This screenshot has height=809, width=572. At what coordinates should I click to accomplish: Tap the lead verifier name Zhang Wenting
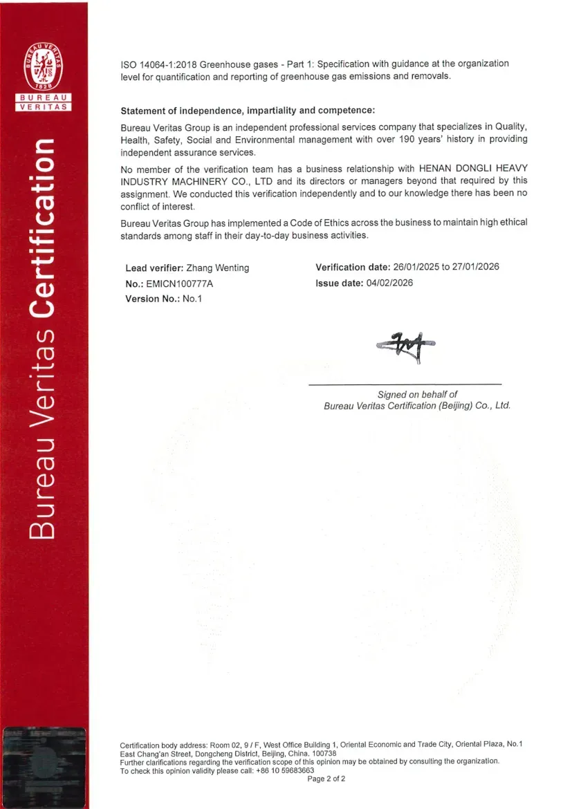point(218,268)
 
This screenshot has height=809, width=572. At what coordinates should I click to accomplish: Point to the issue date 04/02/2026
point(389,283)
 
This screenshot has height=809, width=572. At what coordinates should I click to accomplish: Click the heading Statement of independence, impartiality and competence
point(248,111)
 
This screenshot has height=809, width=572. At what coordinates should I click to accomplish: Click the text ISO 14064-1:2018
point(158,64)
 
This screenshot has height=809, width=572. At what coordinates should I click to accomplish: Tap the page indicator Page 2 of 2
point(326,779)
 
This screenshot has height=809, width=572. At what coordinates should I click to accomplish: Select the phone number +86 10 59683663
point(283,770)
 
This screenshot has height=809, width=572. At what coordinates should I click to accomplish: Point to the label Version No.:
point(152,299)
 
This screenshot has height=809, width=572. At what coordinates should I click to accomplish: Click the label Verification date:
point(353,267)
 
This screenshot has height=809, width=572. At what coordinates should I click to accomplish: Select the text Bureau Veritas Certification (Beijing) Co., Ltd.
point(417,406)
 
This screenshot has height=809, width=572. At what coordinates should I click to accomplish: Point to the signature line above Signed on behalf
point(405,384)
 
